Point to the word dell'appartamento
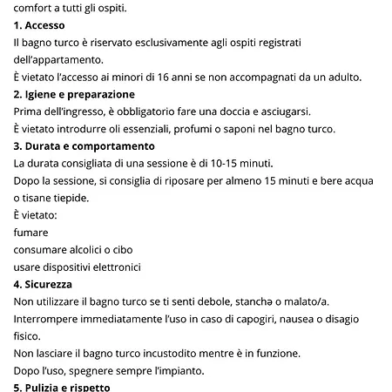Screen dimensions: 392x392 pyautogui.click(x=57, y=59)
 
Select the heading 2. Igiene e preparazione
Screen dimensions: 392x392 pyautogui.click(x=75, y=94)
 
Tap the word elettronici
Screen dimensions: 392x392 pyautogui.click(x=112, y=267)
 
